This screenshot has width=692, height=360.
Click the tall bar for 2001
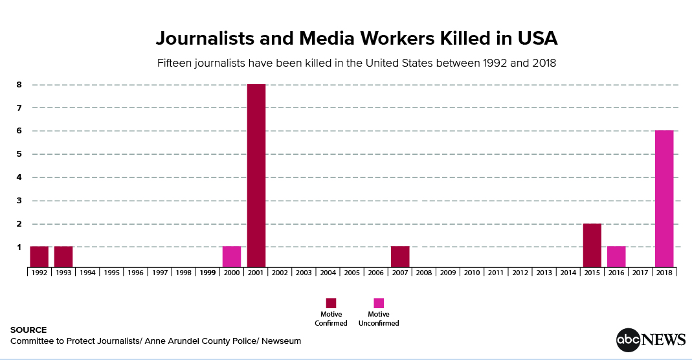[x=256, y=175]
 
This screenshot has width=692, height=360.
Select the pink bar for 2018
[x=664, y=199]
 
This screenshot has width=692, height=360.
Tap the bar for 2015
[x=592, y=245]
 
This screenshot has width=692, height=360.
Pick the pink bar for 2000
[x=232, y=256]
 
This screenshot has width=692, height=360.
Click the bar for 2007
[x=400, y=256]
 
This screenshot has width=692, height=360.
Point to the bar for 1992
[x=39, y=256]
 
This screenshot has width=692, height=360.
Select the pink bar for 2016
[x=616, y=256]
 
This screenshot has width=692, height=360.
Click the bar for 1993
[x=63, y=256]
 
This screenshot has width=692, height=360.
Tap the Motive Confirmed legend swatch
[x=331, y=303]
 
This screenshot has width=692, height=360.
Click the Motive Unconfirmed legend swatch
[x=379, y=303]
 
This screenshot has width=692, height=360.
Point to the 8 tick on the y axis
[x=19, y=84]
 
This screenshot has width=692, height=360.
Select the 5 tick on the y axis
[x=19, y=154]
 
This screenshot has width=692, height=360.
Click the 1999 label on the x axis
[x=207, y=273]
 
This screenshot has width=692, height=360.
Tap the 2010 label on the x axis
[x=472, y=273]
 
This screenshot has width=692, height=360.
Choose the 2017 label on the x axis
[x=640, y=273]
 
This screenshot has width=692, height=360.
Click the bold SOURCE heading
[x=28, y=330]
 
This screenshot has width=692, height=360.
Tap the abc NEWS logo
[x=651, y=340]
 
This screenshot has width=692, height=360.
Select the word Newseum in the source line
[x=281, y=341]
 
